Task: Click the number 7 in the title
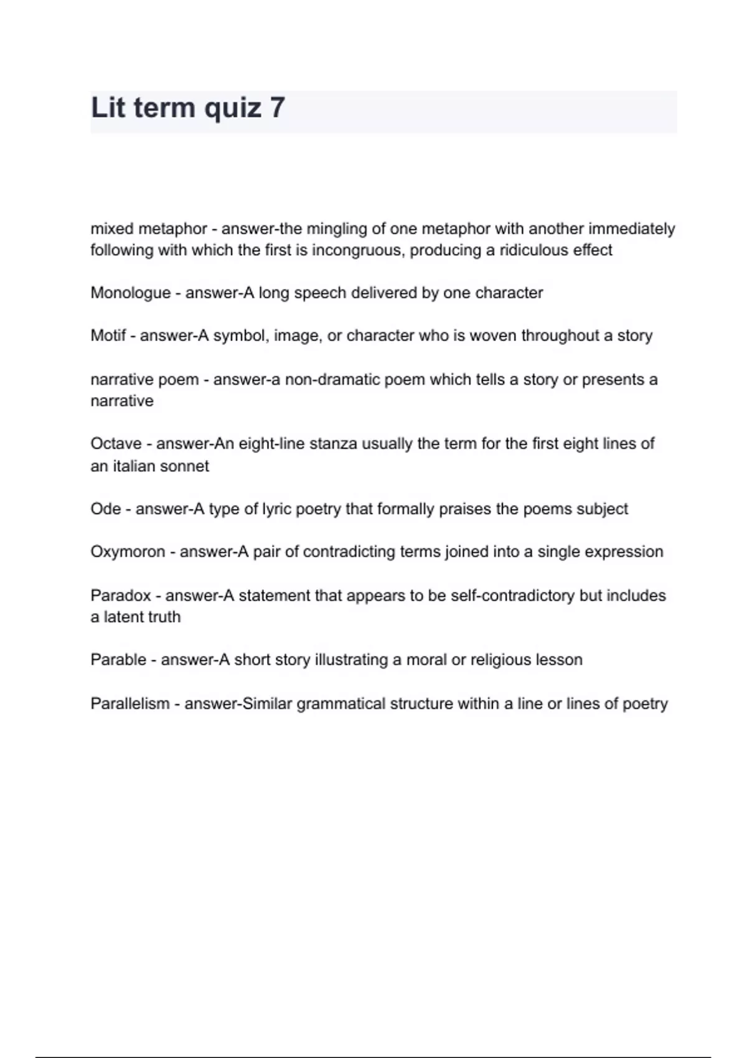tap(278, 108)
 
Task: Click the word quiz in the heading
tap(232, 108)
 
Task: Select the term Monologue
tap(130, 293)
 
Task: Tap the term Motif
tap(108, 336)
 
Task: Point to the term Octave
tap(116, 444)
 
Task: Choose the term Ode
tap(105, 509)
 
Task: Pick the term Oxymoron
tap(128, 552)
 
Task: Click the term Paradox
tap(121, 596)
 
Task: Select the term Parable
tap(118, 660)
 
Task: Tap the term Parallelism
tap(129, 704)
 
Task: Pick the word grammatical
tap(341, 704)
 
